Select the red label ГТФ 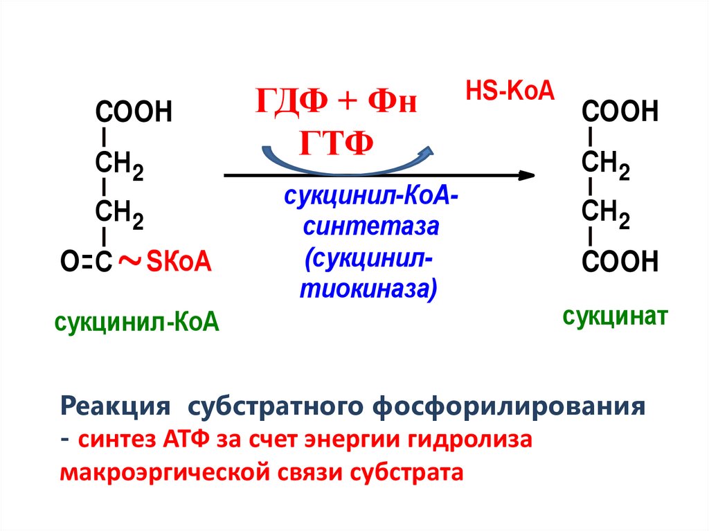pyautogui.click(x=337, y=143)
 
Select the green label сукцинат pyautogui.click(x=615, y=317)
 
